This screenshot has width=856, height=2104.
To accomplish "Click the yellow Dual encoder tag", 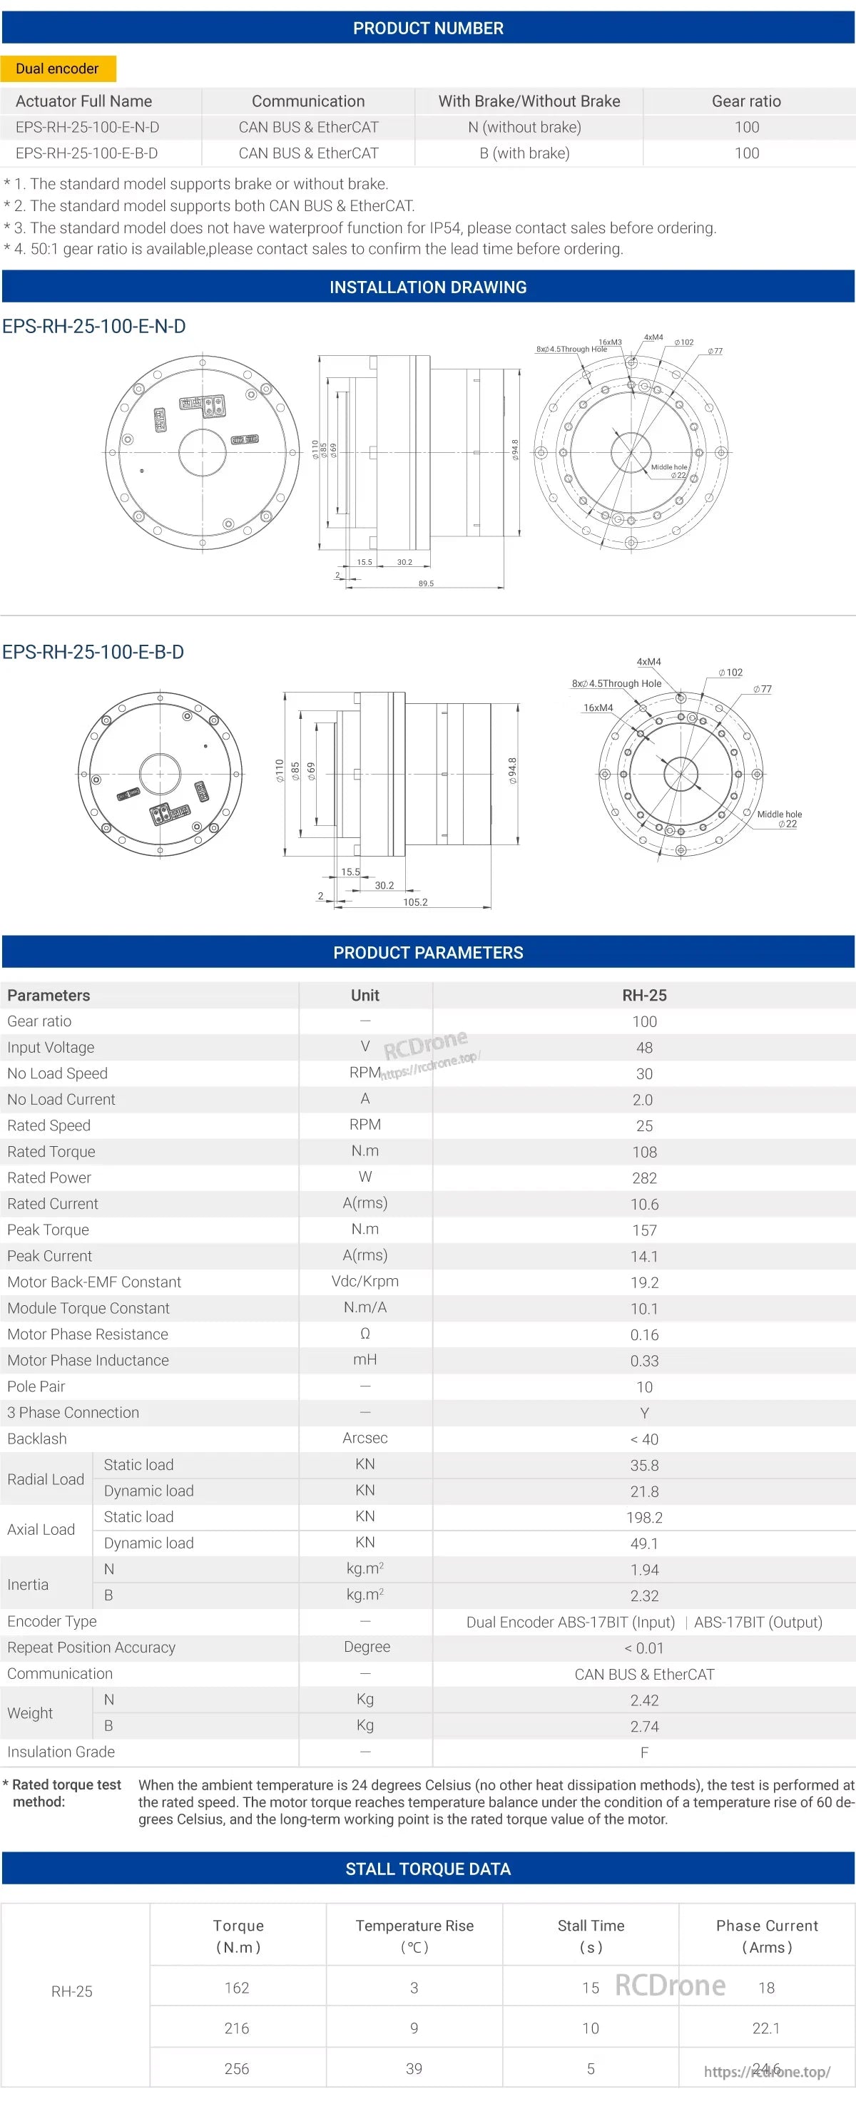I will [57, 68].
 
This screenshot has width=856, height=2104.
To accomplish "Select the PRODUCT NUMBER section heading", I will [428, 29].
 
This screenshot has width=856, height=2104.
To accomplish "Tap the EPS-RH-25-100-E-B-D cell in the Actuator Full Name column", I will [86, 153].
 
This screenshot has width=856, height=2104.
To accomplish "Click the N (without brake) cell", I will [524, 128].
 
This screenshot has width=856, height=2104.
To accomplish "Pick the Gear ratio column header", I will [745, 101].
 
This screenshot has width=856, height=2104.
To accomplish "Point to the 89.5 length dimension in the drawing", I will [426, 583].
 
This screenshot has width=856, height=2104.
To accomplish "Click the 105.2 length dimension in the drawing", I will [415, 902].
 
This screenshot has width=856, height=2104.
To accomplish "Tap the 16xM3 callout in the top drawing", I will [609, 342].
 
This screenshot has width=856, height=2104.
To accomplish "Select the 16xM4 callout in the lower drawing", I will [598, 708].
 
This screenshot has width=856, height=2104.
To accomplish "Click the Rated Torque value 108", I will [643, 1152].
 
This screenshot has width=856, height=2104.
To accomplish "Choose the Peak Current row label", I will [50, 1255].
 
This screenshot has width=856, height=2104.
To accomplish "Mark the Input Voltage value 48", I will [643, 1047].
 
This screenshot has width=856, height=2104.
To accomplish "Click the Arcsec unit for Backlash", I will [365, 1438].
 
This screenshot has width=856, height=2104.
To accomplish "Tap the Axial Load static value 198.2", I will [643, 1517].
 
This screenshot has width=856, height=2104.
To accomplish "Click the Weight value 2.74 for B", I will [643, 1726].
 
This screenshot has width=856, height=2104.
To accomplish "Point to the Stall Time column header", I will [591, 1935].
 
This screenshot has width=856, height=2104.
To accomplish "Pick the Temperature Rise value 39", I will [414, 2068].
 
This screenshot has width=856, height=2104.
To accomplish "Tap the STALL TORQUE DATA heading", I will [428, 1869].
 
